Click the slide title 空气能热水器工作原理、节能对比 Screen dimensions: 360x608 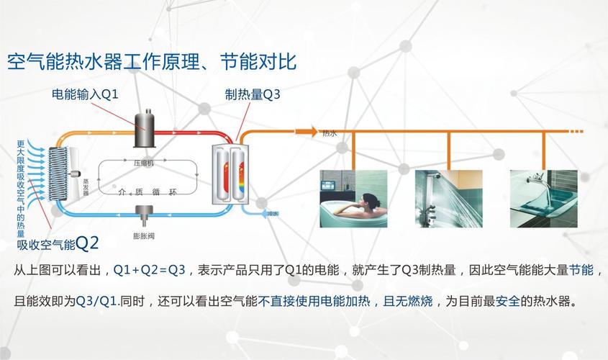[x=152, y=61]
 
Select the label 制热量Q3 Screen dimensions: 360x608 [x=253, y=95]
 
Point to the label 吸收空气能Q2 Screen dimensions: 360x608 [x=58, y=244]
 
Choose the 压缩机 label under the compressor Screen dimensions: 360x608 [x=143, y=163]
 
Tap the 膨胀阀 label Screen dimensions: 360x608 [x=144, y=235]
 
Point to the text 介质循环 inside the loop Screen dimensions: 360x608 [x=147, y=192]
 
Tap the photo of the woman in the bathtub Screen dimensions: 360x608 [x=353, y=198]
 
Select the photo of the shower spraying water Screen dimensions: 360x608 [x=448, y=198]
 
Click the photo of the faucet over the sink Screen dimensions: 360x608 [x=543, y=198]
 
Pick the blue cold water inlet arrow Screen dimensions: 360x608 [x=259, y=213]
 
